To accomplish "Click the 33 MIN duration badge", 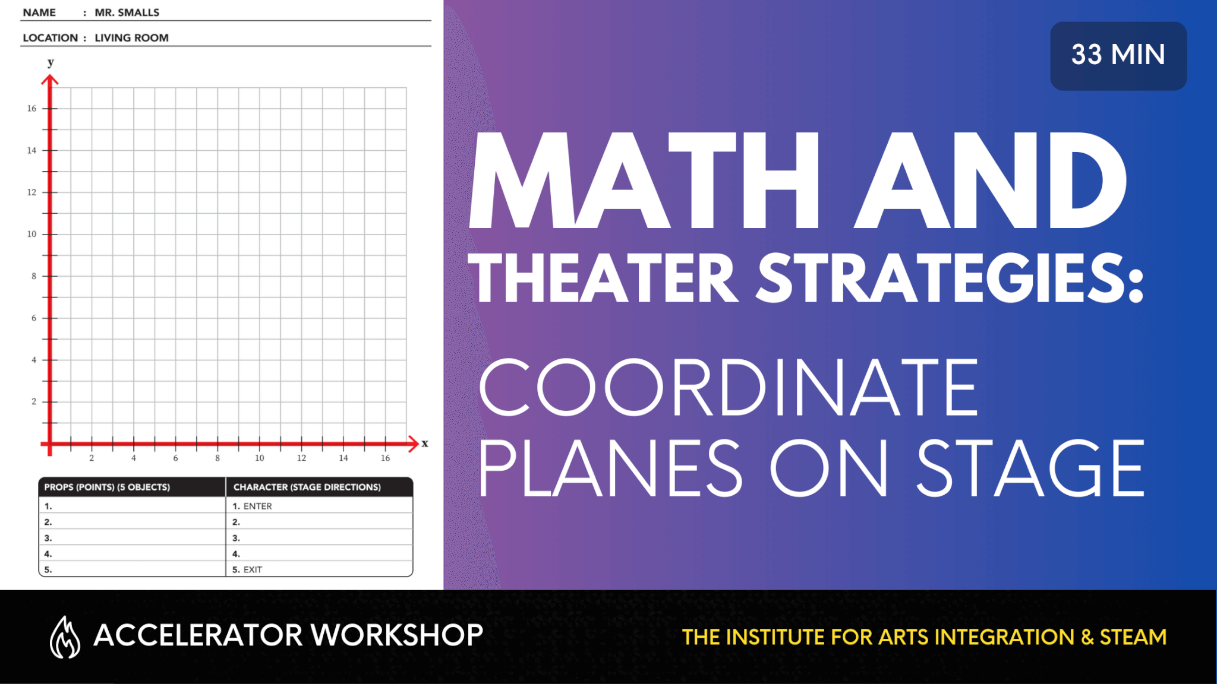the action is point(1118,56).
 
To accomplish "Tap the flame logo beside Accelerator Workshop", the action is point(65,637).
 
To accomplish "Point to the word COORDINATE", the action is point(729,387).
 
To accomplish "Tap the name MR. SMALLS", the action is point(127,12).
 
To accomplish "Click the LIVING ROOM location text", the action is point(132,38).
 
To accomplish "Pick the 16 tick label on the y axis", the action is point(31,109).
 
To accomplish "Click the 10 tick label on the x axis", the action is point(260,458).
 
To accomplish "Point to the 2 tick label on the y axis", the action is point(34,402).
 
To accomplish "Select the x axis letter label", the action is point(425,444).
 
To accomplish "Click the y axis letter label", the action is point(51,62).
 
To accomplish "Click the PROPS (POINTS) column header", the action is point(107,487).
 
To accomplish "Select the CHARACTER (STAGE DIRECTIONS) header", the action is point(307,487).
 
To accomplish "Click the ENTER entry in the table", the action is point(258,506).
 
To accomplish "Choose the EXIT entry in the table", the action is point(253,570).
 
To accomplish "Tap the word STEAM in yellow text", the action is point(1133,637).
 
